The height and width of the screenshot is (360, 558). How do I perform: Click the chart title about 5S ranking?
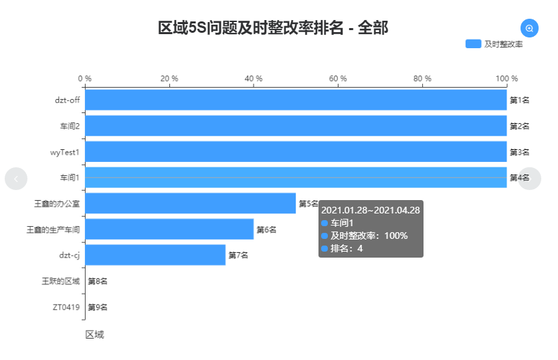coord(273,28)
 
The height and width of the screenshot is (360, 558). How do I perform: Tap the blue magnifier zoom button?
coord(529,28)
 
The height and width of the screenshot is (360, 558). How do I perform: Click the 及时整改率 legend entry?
coord(494,44)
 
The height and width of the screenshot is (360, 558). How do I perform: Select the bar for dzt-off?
coord(295,100)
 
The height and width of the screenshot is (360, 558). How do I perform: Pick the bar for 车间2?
coord(295,126)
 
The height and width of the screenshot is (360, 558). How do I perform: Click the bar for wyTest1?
coord(295,152)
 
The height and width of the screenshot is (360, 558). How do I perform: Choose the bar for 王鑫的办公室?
coord(190,203)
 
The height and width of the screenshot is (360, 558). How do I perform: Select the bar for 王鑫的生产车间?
coord(169,230)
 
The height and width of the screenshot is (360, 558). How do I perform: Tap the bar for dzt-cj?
coord(155,255)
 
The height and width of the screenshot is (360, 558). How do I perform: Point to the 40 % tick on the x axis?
coord(254,78)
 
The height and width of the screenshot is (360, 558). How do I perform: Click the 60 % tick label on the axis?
coord(338,78)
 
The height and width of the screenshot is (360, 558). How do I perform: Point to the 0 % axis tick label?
coord(85,78)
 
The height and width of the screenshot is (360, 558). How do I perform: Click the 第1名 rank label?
coord(520,100)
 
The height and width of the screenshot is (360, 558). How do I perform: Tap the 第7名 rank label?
coord(238,255)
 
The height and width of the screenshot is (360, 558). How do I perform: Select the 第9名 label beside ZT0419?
coord(98,307)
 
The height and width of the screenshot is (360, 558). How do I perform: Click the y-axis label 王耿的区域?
coord(61,281)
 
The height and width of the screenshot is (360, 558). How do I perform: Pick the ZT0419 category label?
coord(66,307)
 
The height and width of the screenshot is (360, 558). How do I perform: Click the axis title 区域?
coord(94,335)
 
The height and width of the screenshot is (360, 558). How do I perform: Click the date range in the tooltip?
coord(370,210)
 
